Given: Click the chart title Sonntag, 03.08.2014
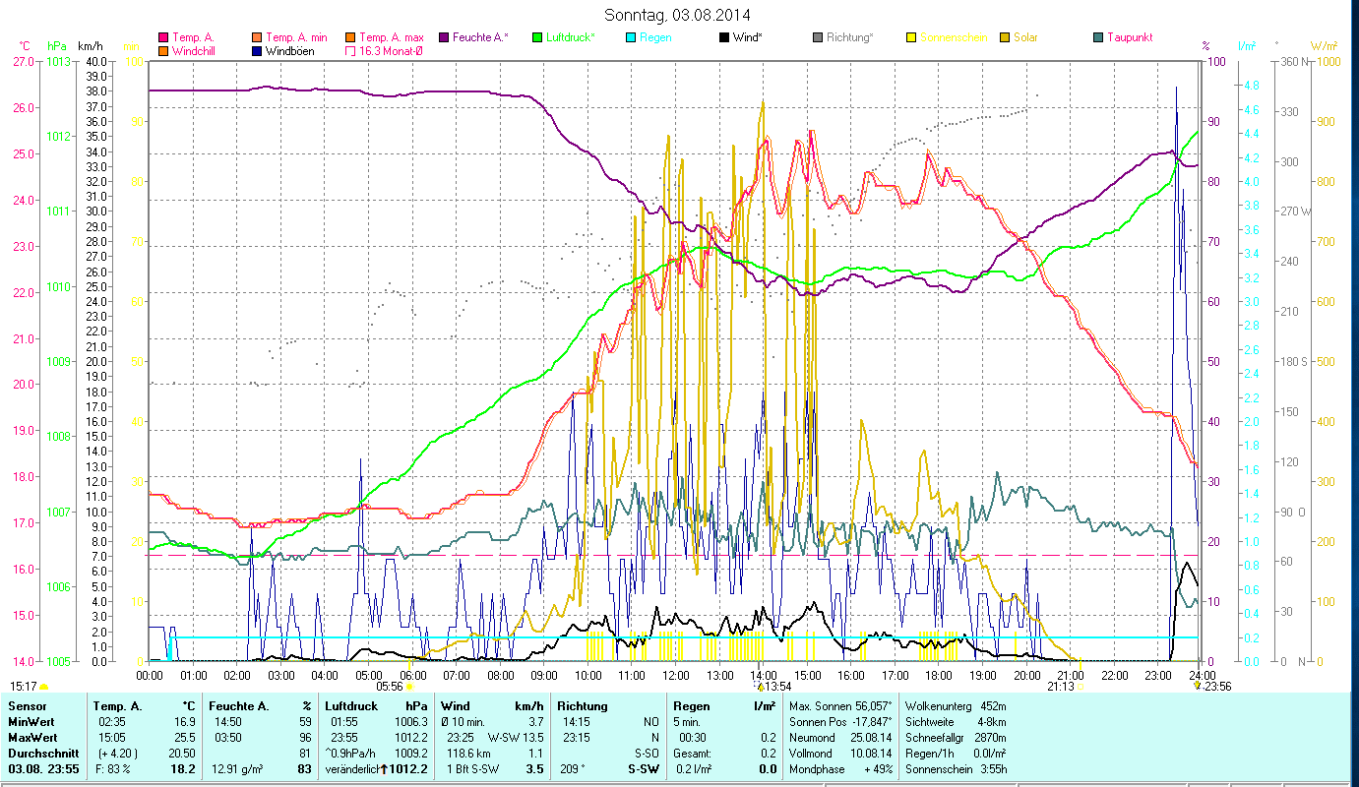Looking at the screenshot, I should [x=678, y=15].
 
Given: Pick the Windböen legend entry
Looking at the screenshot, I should [x=289, y=50].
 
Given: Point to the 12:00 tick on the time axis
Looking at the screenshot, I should [x=676, y=675].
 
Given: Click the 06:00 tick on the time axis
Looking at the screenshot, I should [x=412, y=675].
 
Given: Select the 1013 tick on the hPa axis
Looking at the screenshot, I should [x=58, y=61].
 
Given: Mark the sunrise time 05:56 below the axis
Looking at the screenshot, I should [x=390, y=687].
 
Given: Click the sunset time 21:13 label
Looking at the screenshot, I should [x=1060, y=687].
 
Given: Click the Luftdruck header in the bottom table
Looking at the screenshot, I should [x=351, y=705].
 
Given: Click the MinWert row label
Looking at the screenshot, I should [x=31, y=721].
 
